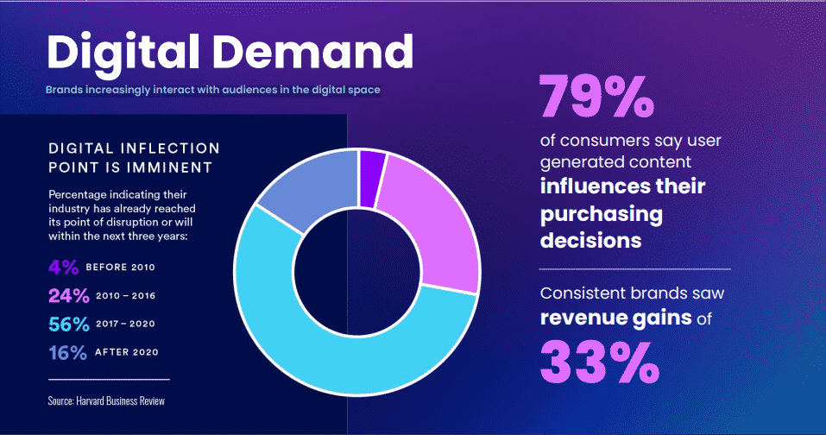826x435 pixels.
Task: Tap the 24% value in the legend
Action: pos(69,295)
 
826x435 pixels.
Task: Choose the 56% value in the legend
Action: pos(69,324)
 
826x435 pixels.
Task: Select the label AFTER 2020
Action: pos(128,352)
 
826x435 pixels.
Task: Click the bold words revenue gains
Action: pos(615,318)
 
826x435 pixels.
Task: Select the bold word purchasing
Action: pos(602,213)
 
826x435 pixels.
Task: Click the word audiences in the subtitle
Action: pos(244,90)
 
